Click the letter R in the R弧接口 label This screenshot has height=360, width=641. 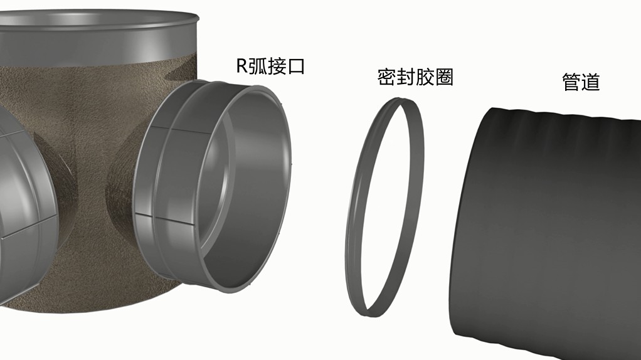(x=243, y=66)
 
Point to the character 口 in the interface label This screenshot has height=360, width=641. (x=297, y=66)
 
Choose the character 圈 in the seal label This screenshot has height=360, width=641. (x=444, y=77)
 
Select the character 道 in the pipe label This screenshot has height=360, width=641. (x=591, y=82)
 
